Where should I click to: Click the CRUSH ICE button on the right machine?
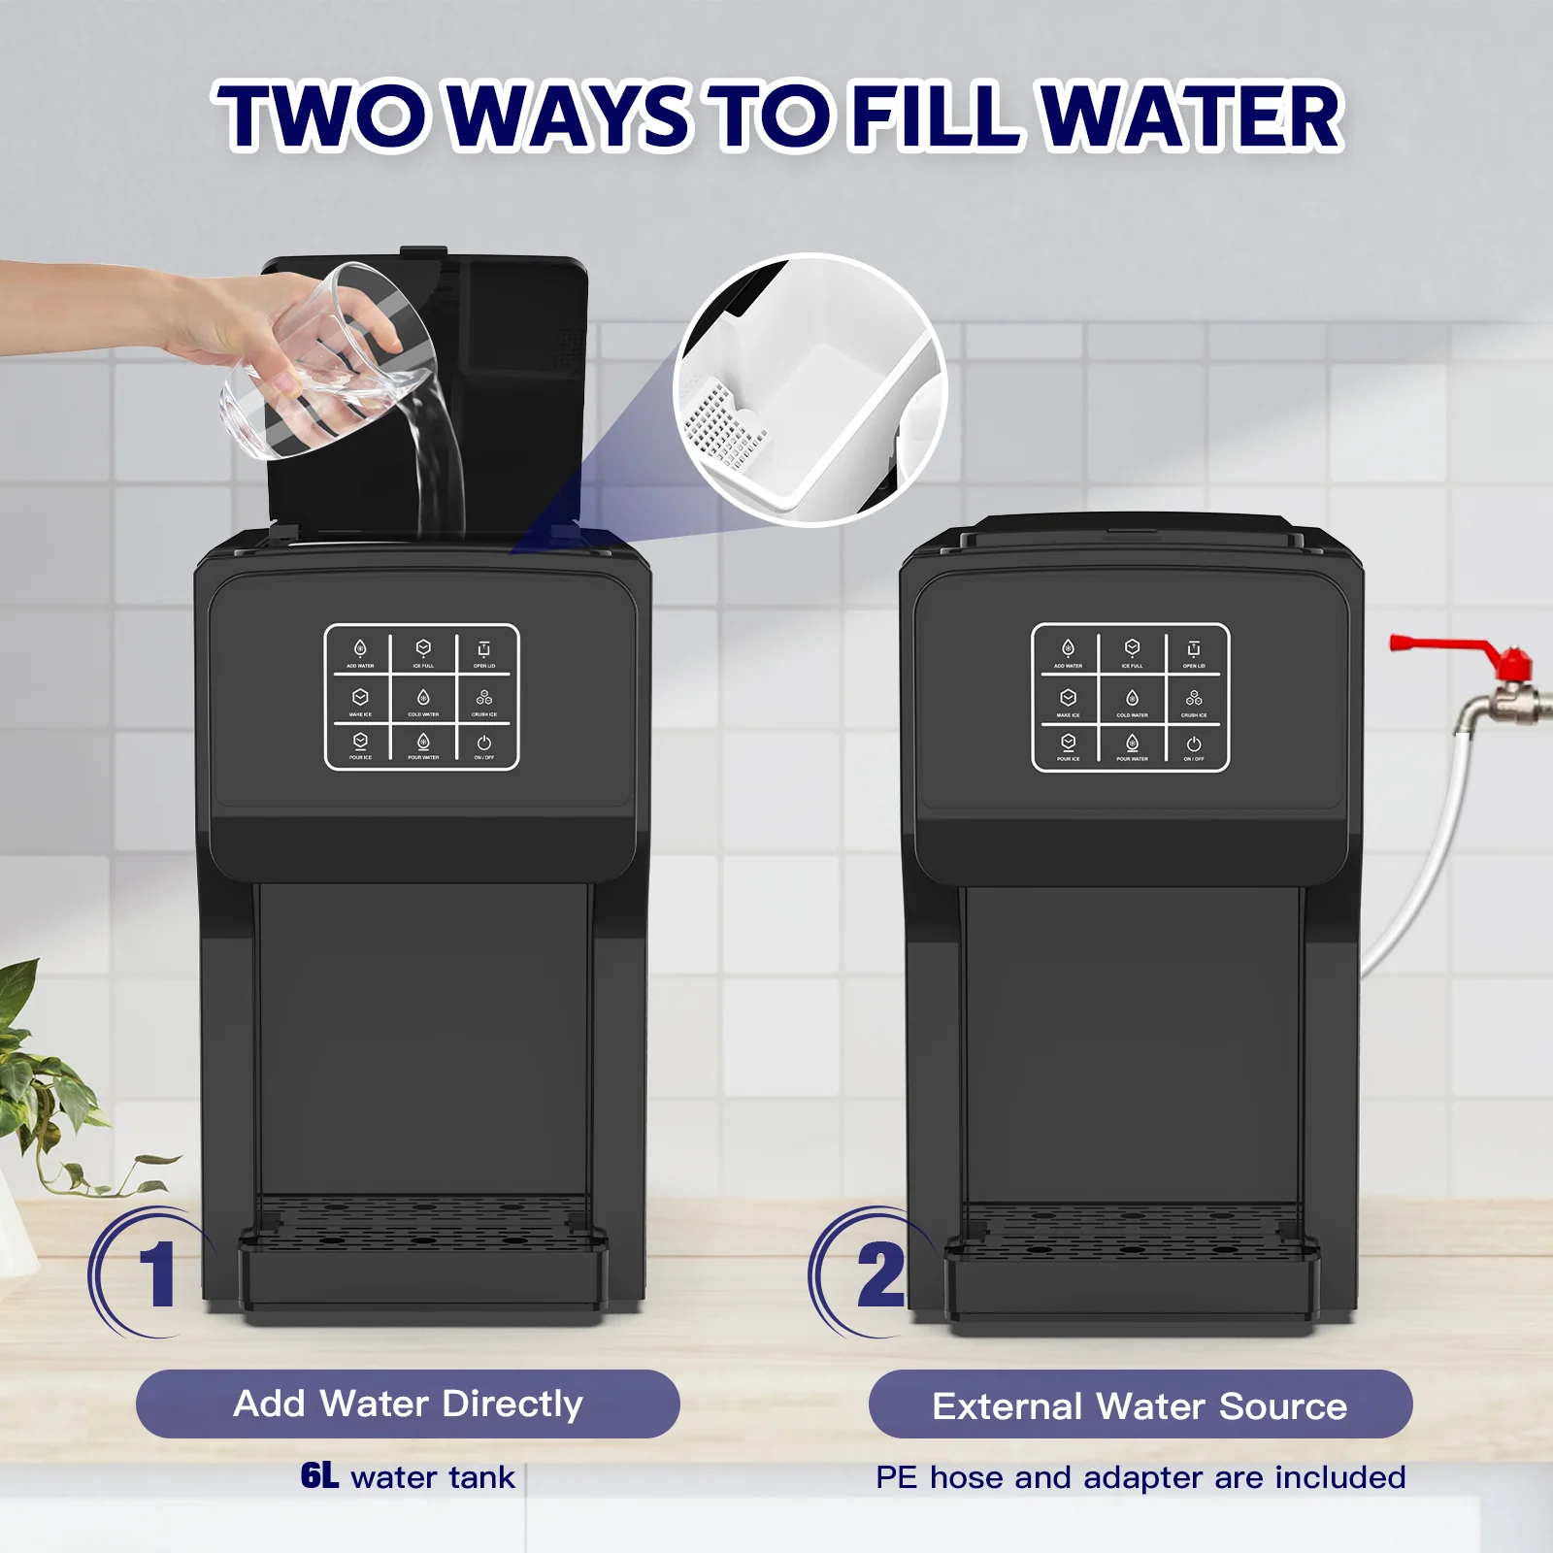point(1194,702)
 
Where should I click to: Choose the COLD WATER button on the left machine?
point(423,701)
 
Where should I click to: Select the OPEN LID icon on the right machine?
point(1194,652)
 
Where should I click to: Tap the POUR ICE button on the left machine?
point(360,745)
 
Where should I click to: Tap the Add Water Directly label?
point(408,1404)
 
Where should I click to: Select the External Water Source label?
point(1140,1405)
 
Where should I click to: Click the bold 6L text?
point(319,1475)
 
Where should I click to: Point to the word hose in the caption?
point(966,1477)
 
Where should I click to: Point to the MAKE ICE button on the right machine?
point(1068,702)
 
